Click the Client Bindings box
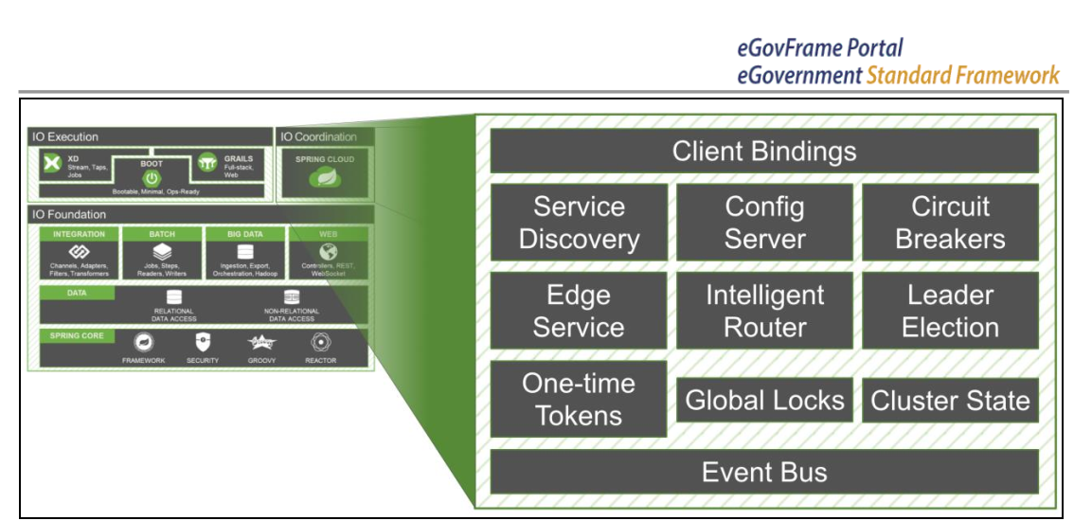[763, 152]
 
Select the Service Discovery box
[579, 223]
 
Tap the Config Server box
[763, 223]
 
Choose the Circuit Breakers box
[950, 223]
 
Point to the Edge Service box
[579, 311]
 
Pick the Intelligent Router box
[763, 311]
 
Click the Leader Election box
[950, 311]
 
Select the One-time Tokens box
[579, 399]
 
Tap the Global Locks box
[763, 400]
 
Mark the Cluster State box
[950, 400]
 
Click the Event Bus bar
[763, 472]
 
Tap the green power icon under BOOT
[151, 177]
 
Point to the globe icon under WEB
[328, 253]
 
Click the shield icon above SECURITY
[203, 343]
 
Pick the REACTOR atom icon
[320, 343]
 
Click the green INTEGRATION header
[79, 233]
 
